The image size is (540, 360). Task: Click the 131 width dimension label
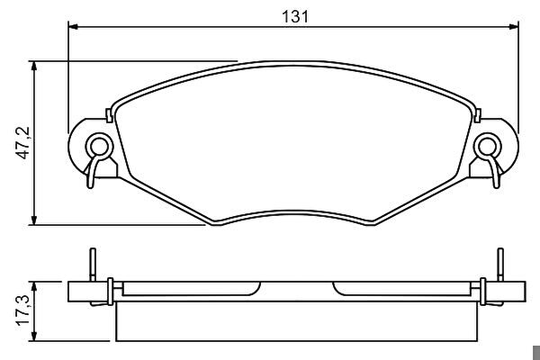coord(295,16)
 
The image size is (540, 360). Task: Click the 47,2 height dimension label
coord(23,143)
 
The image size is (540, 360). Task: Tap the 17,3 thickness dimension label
coord(23,310)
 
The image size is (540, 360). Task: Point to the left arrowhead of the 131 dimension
coord(73,26)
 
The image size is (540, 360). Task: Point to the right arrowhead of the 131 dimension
coord(514,26)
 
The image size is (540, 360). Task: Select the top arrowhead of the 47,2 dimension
coord(34,66)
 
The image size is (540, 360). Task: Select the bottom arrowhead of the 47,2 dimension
coord(34,220)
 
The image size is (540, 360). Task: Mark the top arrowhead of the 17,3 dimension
coord(34,286)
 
